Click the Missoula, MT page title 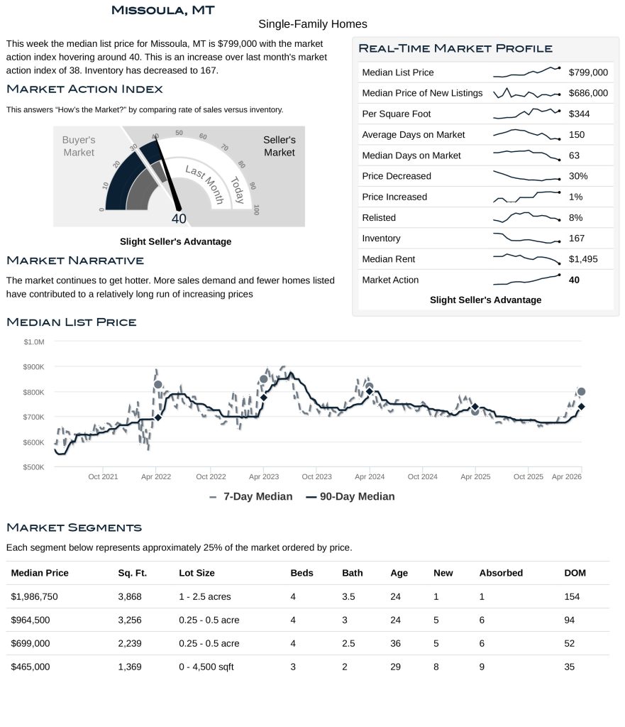tap(163, 10)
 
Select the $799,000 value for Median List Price tap(588, 72)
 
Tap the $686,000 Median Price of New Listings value tap(588, 93)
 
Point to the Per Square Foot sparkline tap(526, 113)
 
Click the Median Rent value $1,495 tap(583, 259)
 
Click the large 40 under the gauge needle tap(179, 219)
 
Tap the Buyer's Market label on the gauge tap(78, 146)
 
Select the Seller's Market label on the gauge tap(279, 146)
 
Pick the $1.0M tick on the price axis tap(34, 342)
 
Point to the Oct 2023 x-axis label tap(317, 477)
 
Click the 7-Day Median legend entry tap(251, 497)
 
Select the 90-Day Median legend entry tap(350, 497)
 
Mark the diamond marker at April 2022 tap(157, 417)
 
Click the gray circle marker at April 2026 tap(582, 392)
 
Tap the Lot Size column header tap(197, 573)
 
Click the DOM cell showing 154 tap(572, 596)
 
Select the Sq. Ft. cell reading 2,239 tap(130, 643)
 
